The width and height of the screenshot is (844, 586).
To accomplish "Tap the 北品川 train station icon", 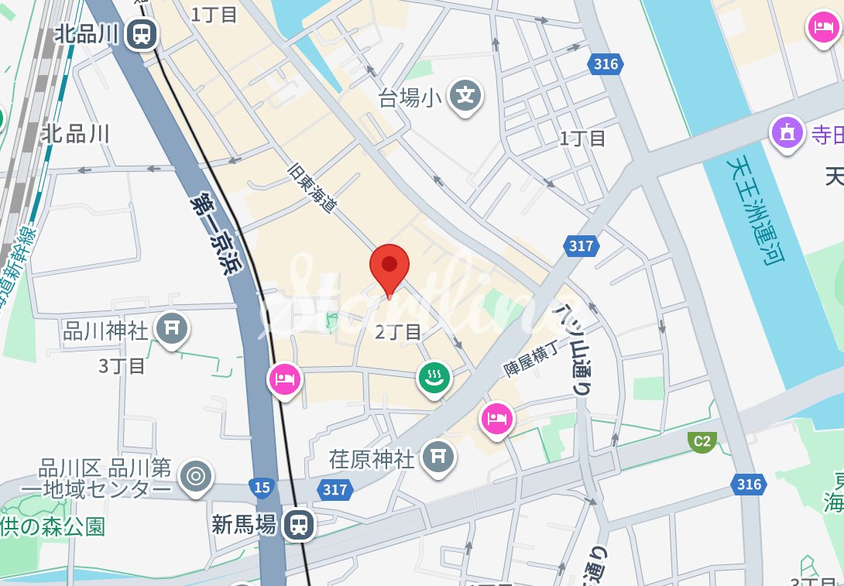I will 142,33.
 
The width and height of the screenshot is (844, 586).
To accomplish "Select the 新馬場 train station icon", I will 297,524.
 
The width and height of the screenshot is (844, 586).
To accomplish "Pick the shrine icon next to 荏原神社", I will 438,457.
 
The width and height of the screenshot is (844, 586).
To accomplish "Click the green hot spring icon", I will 434,379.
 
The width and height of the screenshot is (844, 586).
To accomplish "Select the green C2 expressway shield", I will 701,442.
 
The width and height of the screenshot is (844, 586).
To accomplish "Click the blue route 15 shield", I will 262,487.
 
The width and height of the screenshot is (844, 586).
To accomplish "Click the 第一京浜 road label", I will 216,233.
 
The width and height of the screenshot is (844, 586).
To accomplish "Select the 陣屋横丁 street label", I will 531,360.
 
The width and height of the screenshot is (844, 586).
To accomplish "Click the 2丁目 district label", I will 398,332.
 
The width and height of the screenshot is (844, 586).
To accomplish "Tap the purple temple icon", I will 787,134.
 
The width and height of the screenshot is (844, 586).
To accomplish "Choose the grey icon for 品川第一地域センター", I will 195,478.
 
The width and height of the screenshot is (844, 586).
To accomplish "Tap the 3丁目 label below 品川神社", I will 122,365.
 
